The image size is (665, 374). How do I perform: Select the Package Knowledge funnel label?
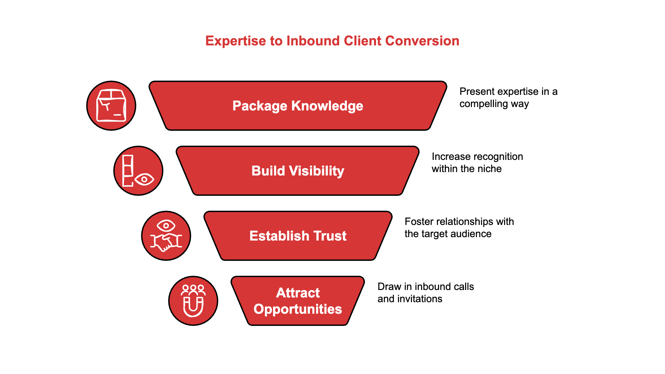pyautogui.click(x=297, y=106)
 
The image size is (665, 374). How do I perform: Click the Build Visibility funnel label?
pyautogui.click(x=297, y=171)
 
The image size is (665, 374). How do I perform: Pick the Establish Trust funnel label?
pyautogui.click(x=297, y=236)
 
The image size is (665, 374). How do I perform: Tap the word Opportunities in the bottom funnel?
pyautogui.click(x=297, y=309)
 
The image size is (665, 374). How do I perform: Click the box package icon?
pyautogui.click(x=111, y=106)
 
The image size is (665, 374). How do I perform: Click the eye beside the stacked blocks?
pyautogui.click(x=144, y=179)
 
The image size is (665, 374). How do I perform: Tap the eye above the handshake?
pyautogui.click(x=166, y=225)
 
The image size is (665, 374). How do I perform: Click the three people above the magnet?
pyautogui.click(x=193, y=289)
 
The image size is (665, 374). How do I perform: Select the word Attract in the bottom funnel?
pyautogui.click(x=297, y=293)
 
